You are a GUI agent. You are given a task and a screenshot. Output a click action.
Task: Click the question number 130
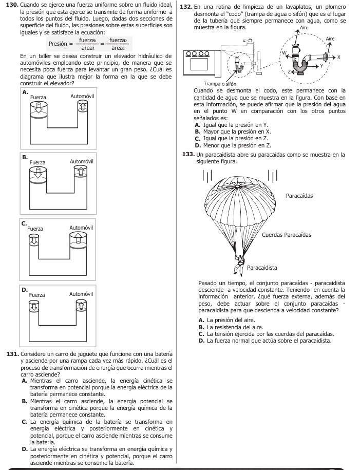point(12,4)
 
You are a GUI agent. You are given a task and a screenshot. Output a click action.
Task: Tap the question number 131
point(12,355)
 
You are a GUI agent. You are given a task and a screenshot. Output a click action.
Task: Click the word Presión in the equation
point(60,44)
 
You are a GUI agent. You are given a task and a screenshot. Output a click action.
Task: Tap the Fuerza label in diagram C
point(35,228)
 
